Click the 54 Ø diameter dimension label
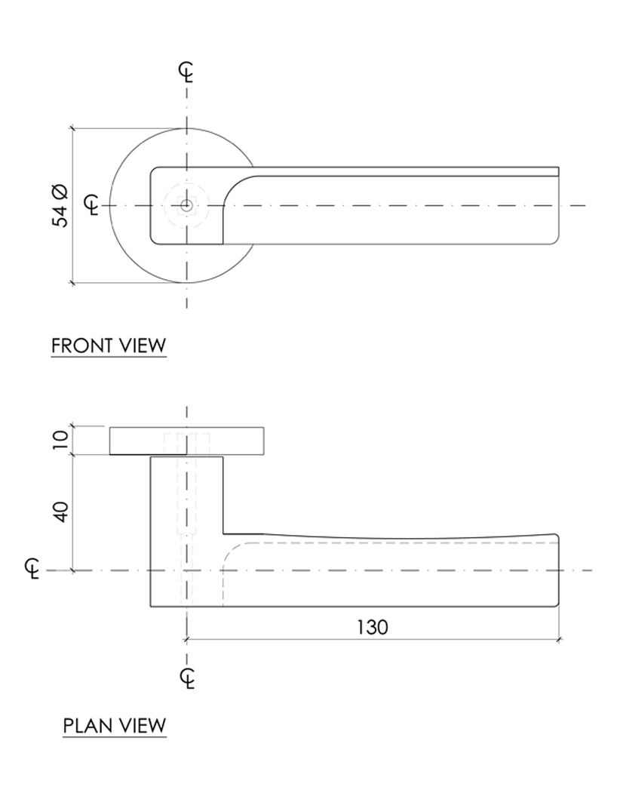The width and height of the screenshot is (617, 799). point(60,205)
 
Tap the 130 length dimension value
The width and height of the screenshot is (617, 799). point(372,627)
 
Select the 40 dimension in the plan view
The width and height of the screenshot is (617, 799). point(61,513)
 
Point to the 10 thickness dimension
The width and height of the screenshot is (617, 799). point(61,441)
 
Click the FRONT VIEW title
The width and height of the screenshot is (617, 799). point(108,346)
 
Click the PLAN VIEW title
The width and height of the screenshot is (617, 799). point(114,726)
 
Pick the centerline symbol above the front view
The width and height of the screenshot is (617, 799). point(186,72)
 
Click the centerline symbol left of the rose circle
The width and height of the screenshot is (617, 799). point(92,205)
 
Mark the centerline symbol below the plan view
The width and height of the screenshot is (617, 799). point(189,678)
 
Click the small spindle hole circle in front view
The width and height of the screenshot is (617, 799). point(186,205)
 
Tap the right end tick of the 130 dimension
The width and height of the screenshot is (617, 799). point(558,640)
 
